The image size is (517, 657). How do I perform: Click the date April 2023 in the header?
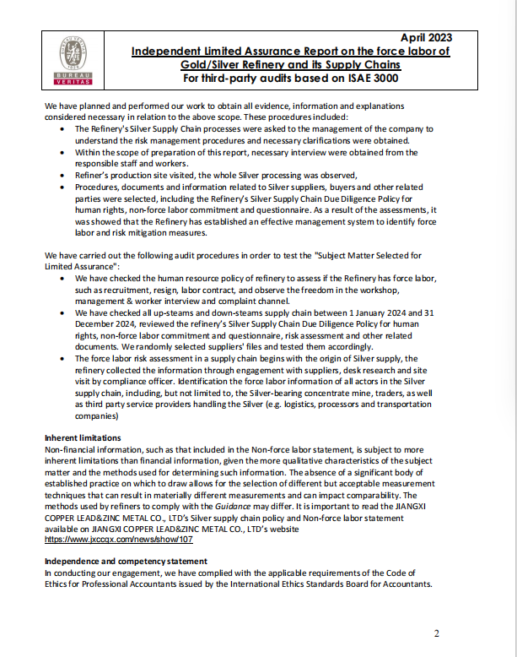424,37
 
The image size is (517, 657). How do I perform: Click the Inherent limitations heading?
83,437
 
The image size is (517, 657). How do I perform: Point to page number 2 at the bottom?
437,633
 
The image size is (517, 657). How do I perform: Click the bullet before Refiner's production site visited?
67,175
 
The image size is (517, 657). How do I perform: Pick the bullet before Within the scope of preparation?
67,152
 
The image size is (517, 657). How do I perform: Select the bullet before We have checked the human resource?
67,277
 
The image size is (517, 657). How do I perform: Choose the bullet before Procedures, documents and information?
67,185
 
